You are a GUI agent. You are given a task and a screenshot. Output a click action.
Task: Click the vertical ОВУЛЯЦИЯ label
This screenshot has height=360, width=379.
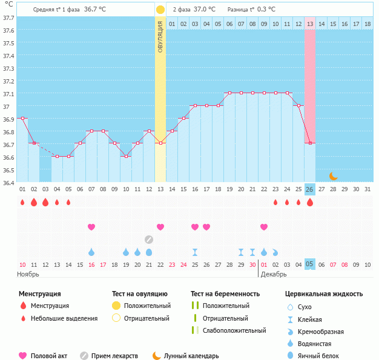point(160,36)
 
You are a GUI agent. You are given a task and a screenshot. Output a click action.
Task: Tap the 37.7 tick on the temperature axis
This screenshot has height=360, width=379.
point(8,18)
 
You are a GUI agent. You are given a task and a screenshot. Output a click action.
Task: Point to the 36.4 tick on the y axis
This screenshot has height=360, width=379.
point(8,183)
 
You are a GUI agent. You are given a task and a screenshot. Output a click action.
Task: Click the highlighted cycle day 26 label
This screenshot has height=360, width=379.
point(310,189)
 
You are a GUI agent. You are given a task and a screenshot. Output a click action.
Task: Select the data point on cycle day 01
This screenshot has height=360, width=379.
point(22,118)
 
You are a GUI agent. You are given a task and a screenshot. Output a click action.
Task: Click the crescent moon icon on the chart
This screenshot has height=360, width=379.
point(333,176)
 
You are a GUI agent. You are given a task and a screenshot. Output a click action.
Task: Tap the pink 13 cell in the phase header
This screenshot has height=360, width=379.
point(310,24)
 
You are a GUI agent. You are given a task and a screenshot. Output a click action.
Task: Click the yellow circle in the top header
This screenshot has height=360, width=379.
point(160,10)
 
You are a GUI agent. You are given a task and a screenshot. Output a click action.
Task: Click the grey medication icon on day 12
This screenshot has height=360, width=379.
point(149,239)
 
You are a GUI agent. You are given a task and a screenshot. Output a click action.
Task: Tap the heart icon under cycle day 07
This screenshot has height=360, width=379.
point(91,227)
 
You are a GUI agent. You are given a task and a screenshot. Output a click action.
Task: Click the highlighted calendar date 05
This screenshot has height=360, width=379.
point(310,264)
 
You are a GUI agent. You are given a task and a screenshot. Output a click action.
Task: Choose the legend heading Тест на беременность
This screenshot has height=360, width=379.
point(225,294)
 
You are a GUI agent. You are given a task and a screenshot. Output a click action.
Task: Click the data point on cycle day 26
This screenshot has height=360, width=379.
point(310,143)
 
